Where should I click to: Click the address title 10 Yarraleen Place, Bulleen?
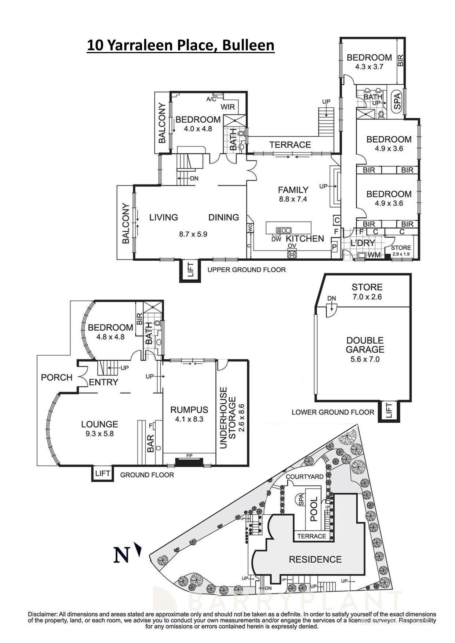[x=181, y=45]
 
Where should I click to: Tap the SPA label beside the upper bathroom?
[x=397, y=100]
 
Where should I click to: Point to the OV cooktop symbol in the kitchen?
[x=292, y=254]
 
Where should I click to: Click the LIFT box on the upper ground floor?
[x=190, y=271]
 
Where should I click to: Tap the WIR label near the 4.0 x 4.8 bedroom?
[x=230, y=107]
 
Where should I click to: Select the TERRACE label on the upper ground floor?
[x=290, y=145]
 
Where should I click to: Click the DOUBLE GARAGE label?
[x=365, y=345]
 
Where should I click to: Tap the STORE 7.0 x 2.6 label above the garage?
[x=367, y=292]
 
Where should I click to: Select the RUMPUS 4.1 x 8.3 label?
[x=189, y=414]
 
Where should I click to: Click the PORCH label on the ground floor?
[x=57, y=377]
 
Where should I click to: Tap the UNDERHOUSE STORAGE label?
[x=228, y=418]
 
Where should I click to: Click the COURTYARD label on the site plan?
[x=305, y=477]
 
